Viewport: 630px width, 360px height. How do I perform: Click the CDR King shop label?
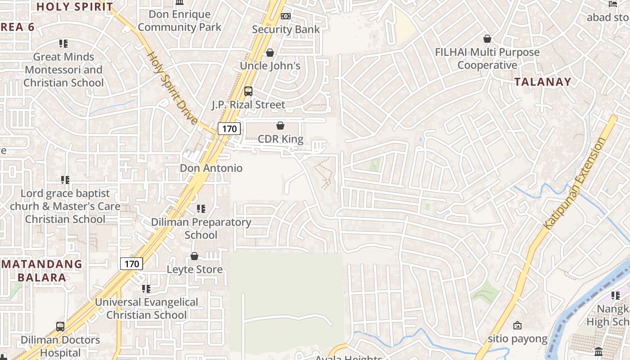click(280, 139)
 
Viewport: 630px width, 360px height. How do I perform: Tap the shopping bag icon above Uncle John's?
click(270, 53)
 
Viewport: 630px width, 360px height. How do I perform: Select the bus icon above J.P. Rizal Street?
click(248, 91)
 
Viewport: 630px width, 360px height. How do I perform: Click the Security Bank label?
click(286, 29)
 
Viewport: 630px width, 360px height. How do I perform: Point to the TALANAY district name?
click(543, 82)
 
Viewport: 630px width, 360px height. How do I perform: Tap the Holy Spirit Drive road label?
click(172, 88)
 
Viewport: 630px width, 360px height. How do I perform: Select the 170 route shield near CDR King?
click(229, 129)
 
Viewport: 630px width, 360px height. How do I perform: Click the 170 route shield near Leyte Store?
click(131, 264)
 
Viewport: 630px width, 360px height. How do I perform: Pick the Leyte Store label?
click(194, 270)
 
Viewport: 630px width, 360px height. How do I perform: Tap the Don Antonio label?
click(211, 168)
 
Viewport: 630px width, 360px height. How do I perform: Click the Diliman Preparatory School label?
click(201, 228)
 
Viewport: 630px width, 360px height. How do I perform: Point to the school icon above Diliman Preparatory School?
click(201, 209)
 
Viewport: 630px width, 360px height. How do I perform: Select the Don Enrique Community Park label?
click(180, 21)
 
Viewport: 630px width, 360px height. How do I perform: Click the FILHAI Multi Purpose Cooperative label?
click(487, 58)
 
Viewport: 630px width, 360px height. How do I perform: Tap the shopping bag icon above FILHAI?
click(487, 39)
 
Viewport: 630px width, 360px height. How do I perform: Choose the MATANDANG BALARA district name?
click(41, 270)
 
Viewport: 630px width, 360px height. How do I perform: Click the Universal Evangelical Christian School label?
click(146, 308)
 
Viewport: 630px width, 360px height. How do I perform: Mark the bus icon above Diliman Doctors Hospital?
click(60, 326)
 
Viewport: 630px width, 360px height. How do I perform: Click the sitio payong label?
click(517, 339)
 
